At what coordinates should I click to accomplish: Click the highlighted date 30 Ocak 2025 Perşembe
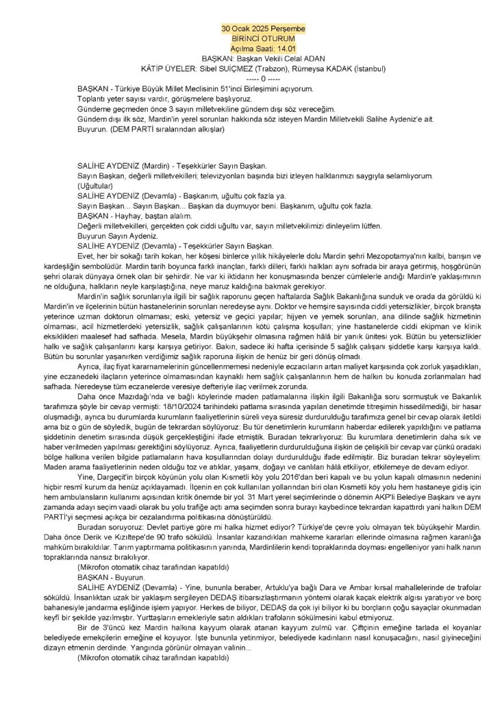pos(264,29)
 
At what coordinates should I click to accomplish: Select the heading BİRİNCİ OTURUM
pos(264,39)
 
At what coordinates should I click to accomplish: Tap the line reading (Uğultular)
pos(95,186)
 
